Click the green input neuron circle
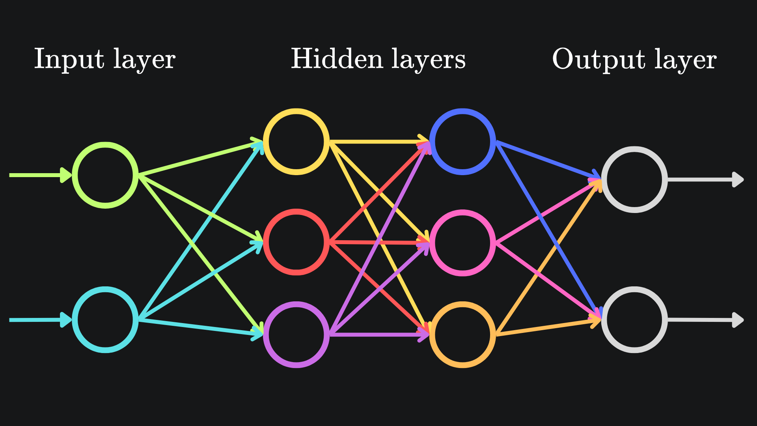(105, 175)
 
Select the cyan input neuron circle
(105, 319)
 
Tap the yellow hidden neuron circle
(296, 142)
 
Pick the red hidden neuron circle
(296, 242)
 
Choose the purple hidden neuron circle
(296, 334)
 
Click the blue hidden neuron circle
(462, 142)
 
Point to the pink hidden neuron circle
(462, 243)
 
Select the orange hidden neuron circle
(462, 334)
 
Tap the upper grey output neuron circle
(634, 179)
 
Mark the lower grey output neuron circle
(634, 319)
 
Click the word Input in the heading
(69, 59)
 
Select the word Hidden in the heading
(337, 59)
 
